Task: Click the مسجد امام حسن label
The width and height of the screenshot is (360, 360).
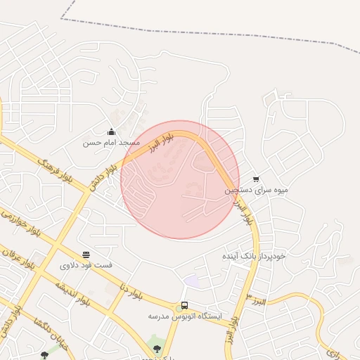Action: click(111, 142)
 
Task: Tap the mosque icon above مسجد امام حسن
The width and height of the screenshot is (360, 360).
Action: click(111, 131)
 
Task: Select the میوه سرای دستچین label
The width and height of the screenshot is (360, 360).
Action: click(256, 190)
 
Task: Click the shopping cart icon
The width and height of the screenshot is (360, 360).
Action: click(255, 179)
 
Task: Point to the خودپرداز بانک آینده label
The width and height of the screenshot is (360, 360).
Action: click(255, 256)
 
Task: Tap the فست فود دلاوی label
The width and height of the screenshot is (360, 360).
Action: click(86, 265)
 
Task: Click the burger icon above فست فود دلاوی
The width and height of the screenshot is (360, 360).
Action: click(86, 255)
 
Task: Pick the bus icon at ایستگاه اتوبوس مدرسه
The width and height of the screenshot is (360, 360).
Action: click(184, 305)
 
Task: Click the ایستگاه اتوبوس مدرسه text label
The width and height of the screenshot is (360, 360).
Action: click(184, 316)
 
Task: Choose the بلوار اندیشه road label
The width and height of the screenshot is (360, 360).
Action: click(73, 295)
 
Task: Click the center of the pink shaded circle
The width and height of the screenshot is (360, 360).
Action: click(179, 179)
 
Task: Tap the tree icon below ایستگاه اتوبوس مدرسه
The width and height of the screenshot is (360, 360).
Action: click(157, 348)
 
